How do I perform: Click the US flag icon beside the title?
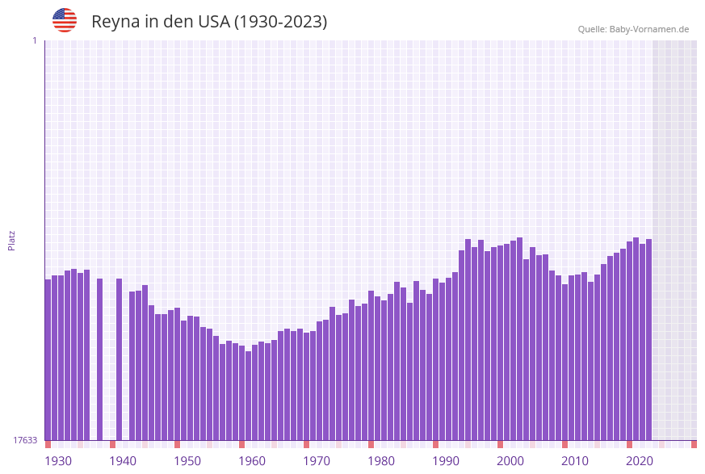[65, 20]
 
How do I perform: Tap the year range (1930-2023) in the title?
[280, 22]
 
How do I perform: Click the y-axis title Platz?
[12, 240]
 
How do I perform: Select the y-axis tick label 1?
[34, 40]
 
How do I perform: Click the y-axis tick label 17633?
[25, 440]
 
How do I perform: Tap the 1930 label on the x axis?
[58, 461]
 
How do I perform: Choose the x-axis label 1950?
[187, 461]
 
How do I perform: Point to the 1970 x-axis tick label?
[317, 461]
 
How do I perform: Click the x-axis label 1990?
[446, 461]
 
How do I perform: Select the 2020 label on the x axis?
[640, 461]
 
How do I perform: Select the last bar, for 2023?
[648, 339]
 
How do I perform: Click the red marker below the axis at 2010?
[564, 444]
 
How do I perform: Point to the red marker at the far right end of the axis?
[694, 444]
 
